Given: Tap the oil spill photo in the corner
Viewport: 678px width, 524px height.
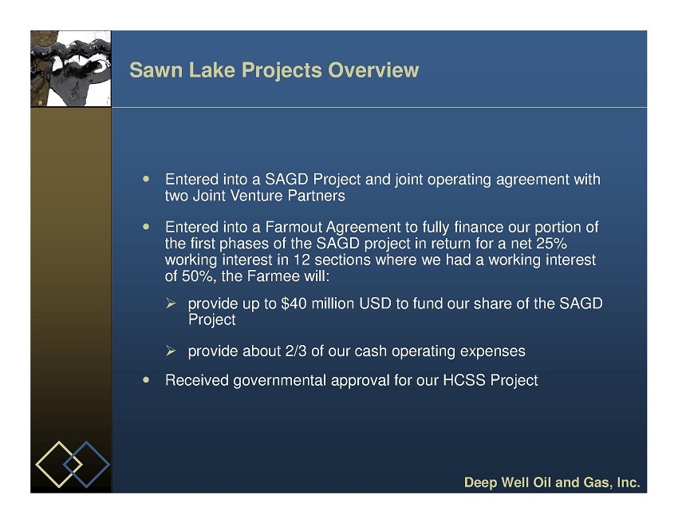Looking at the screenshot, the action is [71, 69].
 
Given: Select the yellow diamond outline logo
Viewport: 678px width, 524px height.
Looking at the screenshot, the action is [59, 464].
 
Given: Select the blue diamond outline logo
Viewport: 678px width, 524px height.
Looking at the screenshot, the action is [86, 464].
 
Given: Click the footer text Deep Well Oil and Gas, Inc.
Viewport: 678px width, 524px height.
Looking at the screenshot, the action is [552, 482].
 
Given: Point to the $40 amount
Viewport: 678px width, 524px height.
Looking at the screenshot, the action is [294, 304].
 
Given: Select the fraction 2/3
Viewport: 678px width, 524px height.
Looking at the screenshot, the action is [296, 351].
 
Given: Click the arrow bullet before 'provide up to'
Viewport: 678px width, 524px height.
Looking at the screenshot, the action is [171, 304].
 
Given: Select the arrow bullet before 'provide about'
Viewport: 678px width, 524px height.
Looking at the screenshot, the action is [171, 351].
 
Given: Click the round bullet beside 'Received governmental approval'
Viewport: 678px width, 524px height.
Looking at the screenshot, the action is [146, 379].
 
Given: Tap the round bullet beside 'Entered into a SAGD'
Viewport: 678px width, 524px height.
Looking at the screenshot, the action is [146, 179].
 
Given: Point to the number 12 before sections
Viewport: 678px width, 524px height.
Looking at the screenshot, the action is [302, 260].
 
